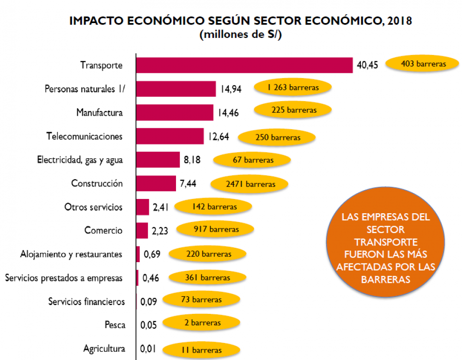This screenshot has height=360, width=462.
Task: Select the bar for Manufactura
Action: click(x=175, y=112)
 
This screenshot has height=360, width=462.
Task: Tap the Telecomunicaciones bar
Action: click(x=170, y=136)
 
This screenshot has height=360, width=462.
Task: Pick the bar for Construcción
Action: click(x=156, y=183)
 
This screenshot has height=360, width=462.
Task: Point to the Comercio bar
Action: click(x=142, y=230)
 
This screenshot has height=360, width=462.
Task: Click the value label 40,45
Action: click(x=367, y=65)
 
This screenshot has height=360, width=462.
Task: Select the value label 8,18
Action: click(x=192, y=160)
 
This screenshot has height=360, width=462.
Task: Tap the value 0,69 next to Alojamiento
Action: click(x=152, y=254)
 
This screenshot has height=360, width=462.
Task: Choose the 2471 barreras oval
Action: click(x=250, y=184)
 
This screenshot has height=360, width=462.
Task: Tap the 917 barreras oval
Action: click(x=216, y=229)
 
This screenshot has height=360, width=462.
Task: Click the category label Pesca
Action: click(x=115, y=325)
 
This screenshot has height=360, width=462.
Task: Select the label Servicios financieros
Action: click(x=86, y=302)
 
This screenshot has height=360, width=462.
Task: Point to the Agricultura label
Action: click(x=104, y=348)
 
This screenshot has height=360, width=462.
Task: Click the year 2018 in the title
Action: click(x=400, y=21)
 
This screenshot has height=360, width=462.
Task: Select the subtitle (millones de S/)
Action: click(x=240, y=35)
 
